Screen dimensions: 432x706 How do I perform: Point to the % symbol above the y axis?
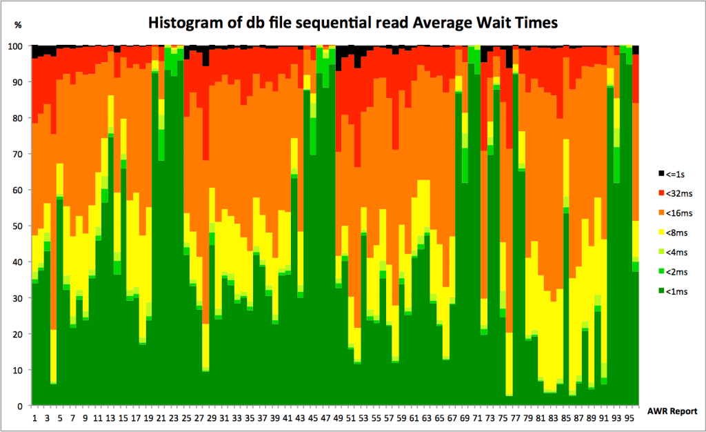pyautogui.click(x=18, y=26)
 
